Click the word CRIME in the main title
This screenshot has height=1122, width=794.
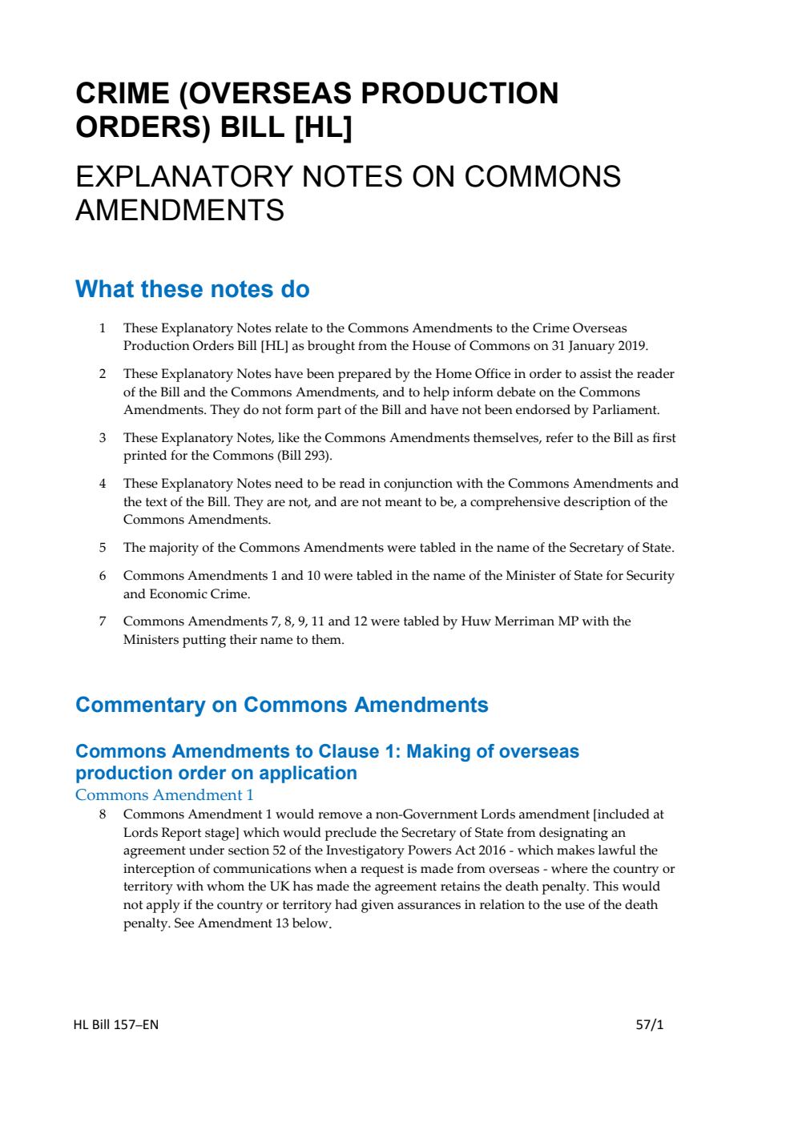[x=122, y=94]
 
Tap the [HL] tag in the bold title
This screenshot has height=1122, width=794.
[x=323, y=127]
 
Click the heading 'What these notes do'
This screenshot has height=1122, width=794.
[x=192, y=289]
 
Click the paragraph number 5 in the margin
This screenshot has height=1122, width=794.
[x=103, y=548]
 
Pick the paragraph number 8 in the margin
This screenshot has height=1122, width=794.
[x=103, y=814]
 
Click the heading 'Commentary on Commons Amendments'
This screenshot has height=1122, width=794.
[x=281, y=705]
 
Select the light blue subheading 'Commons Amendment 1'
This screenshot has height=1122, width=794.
[x=164, y=795]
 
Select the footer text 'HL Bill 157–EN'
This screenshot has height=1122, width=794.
[x=116, y=1024]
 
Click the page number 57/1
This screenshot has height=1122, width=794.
[x=649, y=1024]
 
